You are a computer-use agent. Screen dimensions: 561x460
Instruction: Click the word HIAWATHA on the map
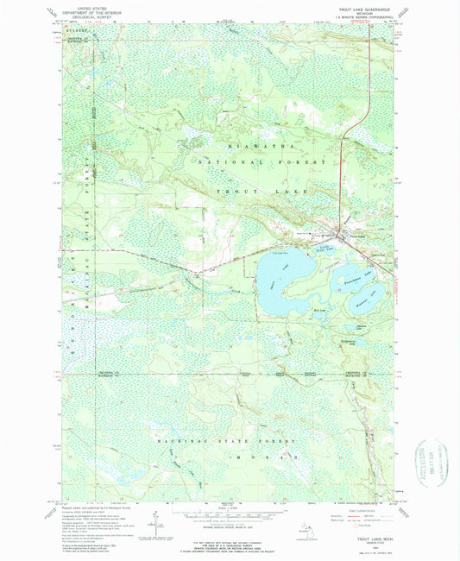coord(250,147)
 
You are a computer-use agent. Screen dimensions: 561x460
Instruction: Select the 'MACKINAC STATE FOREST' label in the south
coord(229,440)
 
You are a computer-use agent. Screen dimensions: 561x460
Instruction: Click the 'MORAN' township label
coord(259,454)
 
